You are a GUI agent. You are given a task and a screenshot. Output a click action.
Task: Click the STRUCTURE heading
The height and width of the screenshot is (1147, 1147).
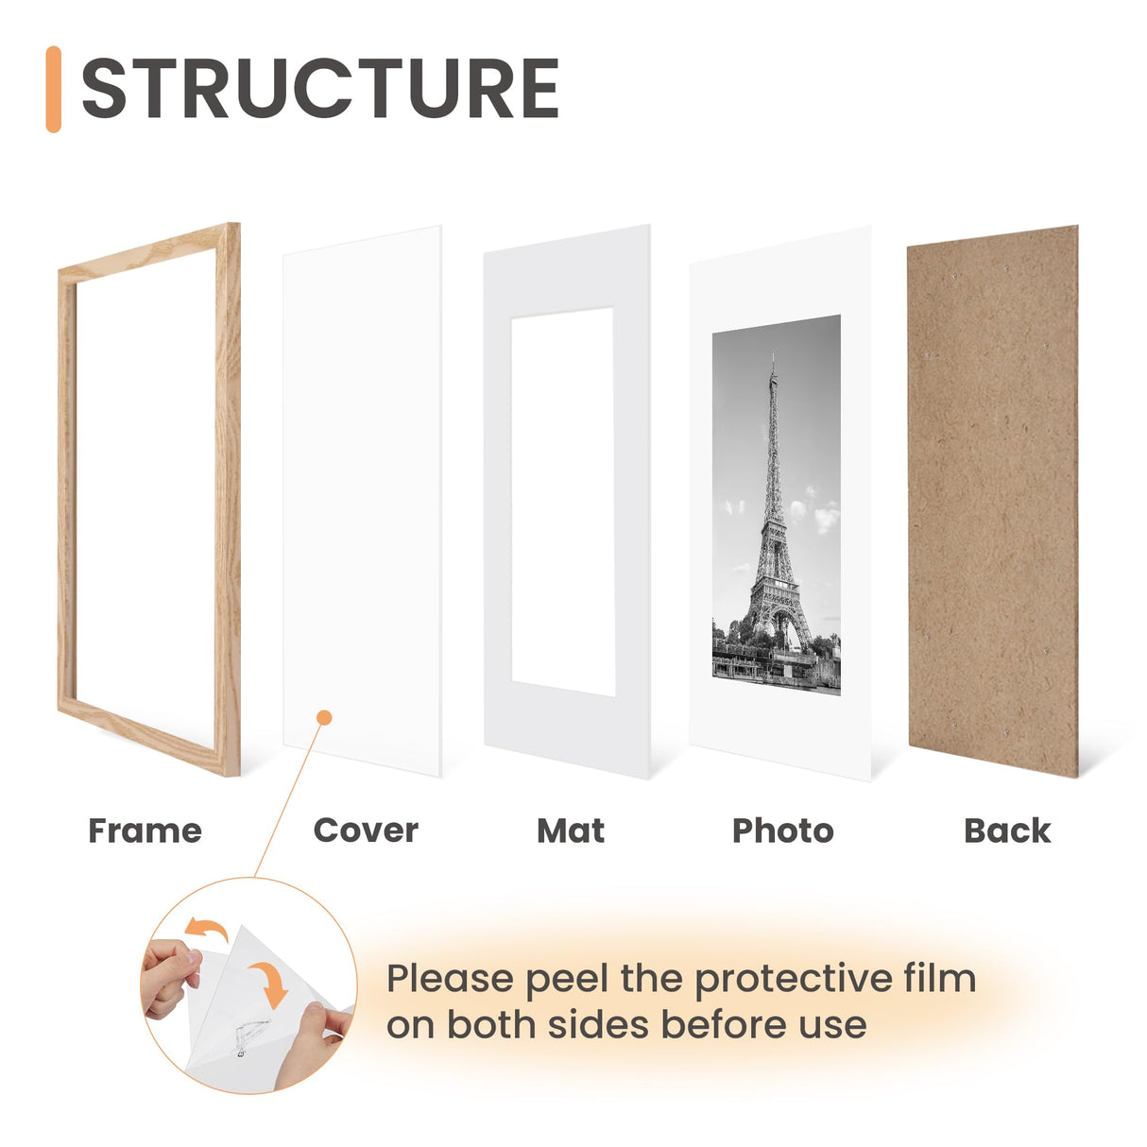320,89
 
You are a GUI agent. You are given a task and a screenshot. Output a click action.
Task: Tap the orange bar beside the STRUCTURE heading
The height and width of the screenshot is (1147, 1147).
54,89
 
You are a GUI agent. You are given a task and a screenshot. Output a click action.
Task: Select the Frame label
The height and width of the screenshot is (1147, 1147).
145,830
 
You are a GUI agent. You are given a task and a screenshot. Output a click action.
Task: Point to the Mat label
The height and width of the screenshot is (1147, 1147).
571,830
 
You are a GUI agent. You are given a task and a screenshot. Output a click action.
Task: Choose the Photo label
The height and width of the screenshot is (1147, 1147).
783,830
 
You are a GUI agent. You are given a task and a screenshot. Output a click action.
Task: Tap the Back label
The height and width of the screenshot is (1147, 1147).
1007,830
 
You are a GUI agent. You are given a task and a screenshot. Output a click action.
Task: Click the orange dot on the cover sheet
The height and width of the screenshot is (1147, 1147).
324,718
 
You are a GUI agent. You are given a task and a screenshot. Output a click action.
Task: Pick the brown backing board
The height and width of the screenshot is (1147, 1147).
992,501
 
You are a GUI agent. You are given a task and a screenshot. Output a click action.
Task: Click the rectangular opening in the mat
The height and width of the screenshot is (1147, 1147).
563,501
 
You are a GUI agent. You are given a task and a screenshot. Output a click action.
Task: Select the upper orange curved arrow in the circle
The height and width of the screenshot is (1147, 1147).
207,930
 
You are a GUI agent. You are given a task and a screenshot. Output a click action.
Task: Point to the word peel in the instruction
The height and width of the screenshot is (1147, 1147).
567,980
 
